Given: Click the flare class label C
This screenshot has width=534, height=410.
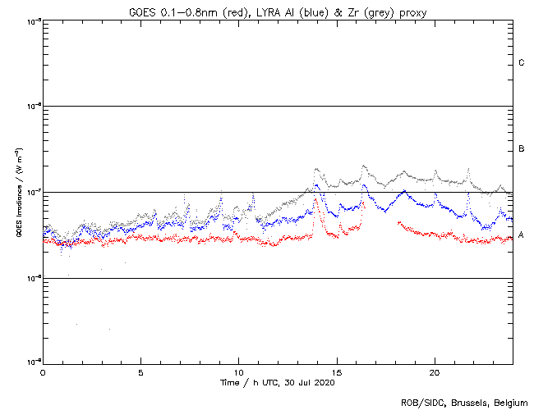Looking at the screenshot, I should (x=522, y=63).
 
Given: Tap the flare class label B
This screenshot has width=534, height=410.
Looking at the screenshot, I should (x=522, y=149).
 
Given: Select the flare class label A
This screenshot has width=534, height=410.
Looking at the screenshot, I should (x=522, y=235).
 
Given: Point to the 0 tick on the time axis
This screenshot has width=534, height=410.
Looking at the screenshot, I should (x=43, y=371).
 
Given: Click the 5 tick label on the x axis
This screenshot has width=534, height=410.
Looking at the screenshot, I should (x=140, y=371).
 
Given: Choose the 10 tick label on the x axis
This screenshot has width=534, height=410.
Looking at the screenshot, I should (x=238, y=371).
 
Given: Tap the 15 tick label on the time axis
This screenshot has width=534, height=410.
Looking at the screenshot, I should (x=337, y=371).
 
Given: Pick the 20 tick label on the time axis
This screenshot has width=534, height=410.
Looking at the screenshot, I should (x=435, y=371).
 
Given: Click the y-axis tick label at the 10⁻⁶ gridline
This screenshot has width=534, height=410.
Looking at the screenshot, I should (x=33, y=107).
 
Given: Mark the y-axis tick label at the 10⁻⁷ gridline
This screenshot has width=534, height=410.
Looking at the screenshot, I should (x=33, y=193).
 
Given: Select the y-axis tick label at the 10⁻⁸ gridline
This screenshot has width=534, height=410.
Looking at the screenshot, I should (x=33, y=279).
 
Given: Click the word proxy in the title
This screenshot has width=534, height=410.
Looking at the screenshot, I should (x=407, y=11).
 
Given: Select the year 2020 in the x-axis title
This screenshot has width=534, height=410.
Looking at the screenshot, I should (x=323, y=382).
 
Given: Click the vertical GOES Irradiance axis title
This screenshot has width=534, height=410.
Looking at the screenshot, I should (x=18, y=193).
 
